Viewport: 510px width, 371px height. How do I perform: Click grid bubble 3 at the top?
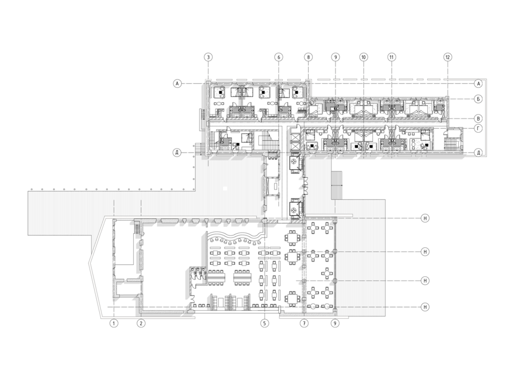point(208,57)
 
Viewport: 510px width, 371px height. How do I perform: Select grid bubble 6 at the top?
point(278,57)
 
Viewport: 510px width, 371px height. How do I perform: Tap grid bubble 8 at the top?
point(308,57)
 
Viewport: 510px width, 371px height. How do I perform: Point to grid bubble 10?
point(364,57)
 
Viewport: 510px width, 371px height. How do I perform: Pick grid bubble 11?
point(392,57)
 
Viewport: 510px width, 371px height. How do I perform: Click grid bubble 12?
point(448,57)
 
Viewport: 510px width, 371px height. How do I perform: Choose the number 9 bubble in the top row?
point(335,57)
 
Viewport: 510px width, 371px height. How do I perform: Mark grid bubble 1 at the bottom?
point(114,323)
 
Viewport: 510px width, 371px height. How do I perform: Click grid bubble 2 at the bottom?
point(141,323)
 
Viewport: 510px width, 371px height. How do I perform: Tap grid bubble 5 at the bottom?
point(265,323)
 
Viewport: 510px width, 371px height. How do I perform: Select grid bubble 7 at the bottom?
point(304,323)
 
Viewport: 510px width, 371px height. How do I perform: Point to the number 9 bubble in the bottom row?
point(335,323)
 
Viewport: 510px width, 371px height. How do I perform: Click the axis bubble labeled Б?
point(478,99)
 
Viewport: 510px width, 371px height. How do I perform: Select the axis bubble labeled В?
point(478,118)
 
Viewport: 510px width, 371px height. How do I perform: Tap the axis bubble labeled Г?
point(478,129)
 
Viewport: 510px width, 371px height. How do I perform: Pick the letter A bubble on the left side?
point(177,84)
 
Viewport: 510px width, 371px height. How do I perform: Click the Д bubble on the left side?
point(177,153)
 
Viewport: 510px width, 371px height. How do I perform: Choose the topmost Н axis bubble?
point(425,218)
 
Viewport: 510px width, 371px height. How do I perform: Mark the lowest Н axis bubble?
point(425,307)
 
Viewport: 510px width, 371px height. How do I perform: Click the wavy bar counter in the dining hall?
point(235,235)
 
